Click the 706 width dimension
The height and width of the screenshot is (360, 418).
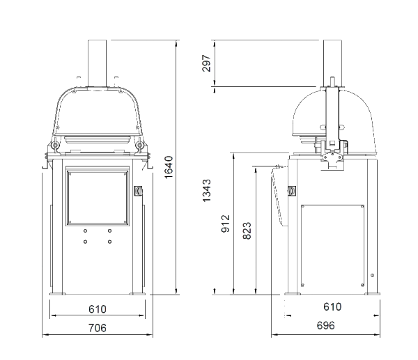pyautogui.click(x=97, y=327)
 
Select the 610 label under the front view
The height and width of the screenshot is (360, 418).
pyautogui.click(x=97, y=309)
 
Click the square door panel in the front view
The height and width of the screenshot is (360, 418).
pyautogui.click(x=98, y=196)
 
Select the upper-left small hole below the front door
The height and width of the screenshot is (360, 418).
pyautogui.click(x=85, y=230)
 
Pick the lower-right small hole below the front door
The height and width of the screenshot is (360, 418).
pyautogui.click(x=110, y=242)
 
